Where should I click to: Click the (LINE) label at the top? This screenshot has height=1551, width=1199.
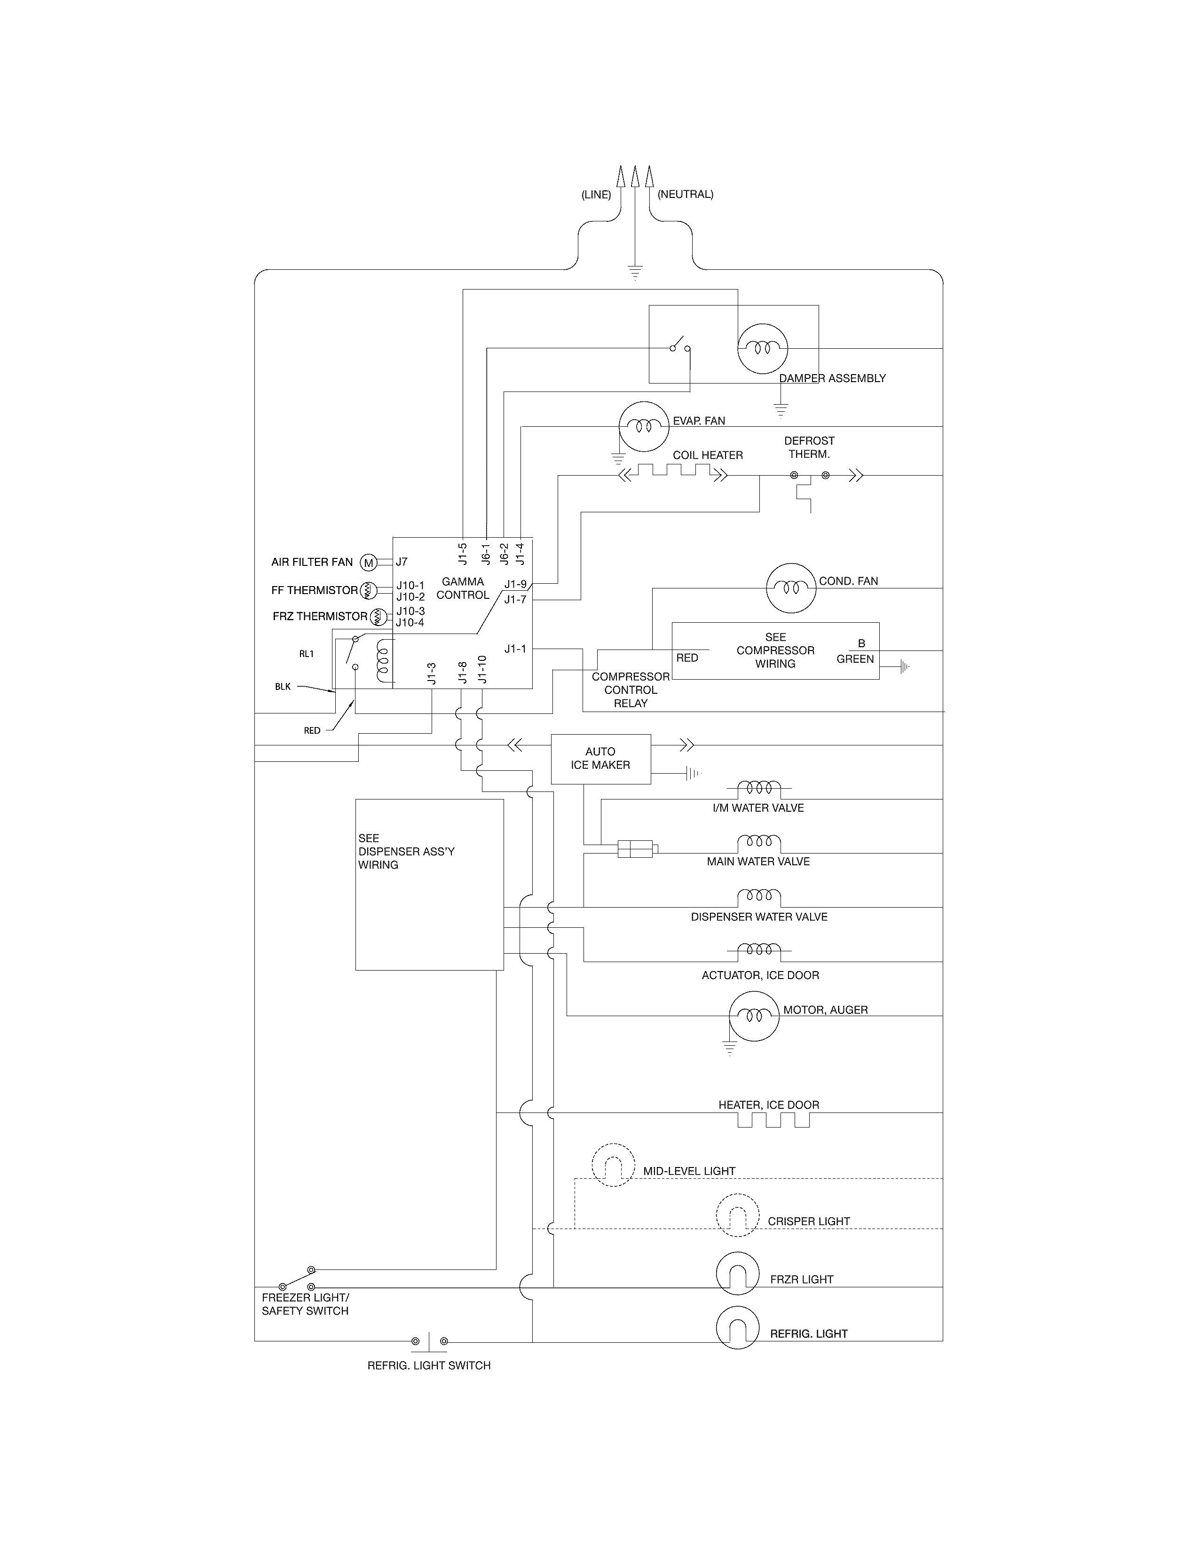pos(596,195)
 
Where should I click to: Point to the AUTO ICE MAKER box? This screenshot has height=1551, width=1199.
pos(601,759)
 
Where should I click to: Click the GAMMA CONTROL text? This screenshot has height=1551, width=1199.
pos(462,588)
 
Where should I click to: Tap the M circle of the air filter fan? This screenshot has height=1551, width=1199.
pos(368,563)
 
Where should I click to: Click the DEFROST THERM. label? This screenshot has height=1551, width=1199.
pos(809,447)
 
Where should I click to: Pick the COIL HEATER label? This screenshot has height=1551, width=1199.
pos(708,455)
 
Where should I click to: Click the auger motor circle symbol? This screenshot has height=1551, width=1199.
pos(754,1016)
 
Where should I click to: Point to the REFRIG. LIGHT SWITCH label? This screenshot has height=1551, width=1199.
pos(428,1365)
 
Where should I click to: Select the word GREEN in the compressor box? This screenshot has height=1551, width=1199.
pos(854,659)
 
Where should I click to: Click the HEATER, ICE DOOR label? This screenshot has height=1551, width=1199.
pos(769,1105)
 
